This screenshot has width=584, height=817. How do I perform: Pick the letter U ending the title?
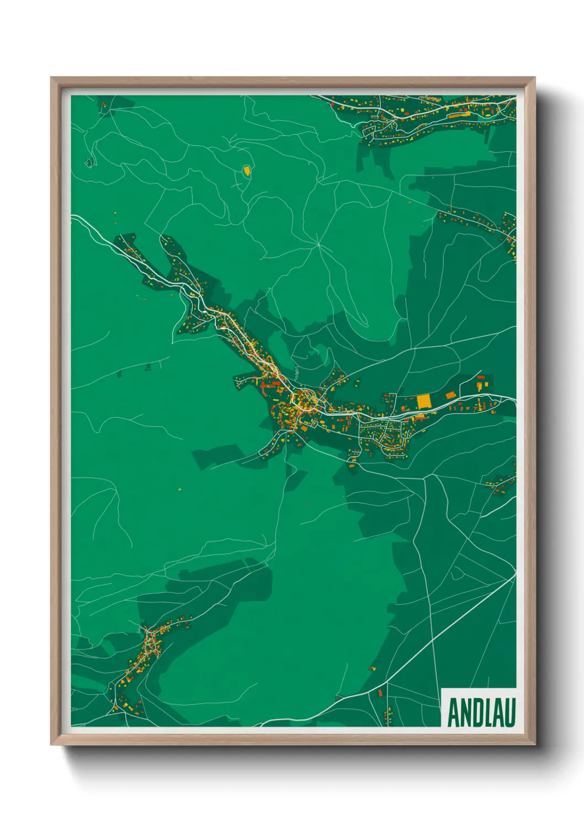[510, 713]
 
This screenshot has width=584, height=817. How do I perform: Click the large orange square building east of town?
[423, 401]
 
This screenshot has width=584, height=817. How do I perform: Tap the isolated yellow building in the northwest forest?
[247, 170]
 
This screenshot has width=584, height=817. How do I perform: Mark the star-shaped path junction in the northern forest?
[318, 243]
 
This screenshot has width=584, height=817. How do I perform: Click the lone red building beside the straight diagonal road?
[380, 691]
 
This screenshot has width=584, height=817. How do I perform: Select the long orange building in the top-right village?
[458, 115]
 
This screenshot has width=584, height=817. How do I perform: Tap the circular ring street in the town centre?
[304, 399]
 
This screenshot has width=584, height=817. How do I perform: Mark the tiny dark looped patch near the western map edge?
[89, 163]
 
